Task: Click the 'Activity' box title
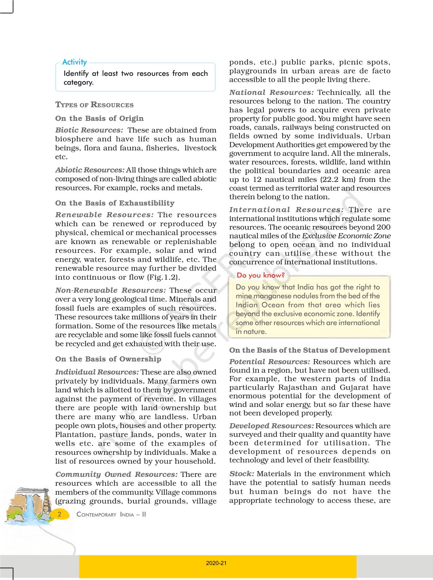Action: pos(74,62)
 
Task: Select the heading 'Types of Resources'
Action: pos(94,105)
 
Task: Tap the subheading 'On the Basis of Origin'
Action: pos(100,118)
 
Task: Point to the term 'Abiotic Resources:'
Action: pos(90,170)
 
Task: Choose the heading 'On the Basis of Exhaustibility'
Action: pos(115,203)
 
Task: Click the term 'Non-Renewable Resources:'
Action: pos(111,290)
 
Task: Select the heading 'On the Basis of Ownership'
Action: pos(108,359)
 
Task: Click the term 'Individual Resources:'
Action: pos(97,372)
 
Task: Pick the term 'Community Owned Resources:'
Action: pos(116,474)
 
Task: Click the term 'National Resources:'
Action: pos(271,92)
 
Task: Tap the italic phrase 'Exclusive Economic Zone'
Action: pos(346,236)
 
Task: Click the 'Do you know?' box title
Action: pos(260,275)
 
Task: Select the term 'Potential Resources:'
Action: pos(270,362)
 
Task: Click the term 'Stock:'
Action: pos(241,474)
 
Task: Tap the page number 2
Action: pos(60,514)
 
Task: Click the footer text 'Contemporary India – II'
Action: pos(111,514)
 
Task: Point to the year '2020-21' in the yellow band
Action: pos(216,563)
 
